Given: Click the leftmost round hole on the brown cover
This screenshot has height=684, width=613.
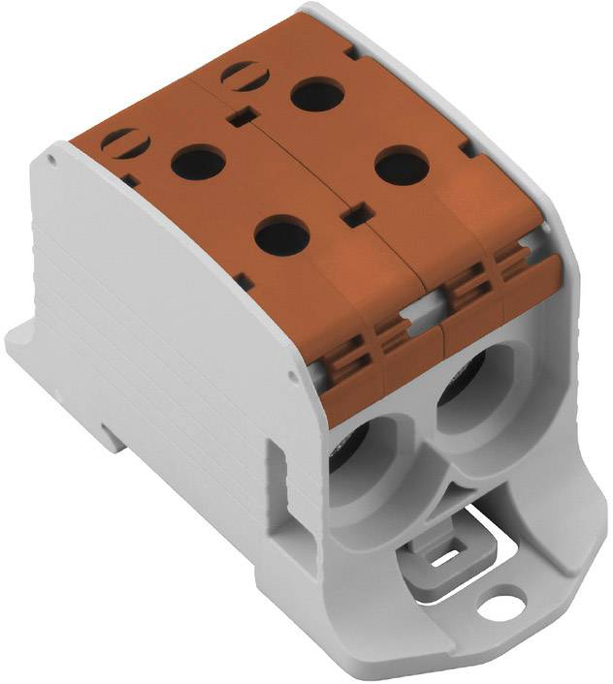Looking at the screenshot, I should (x=198, y=162).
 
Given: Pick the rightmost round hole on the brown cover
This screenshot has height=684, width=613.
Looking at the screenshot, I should (x=402, y=166).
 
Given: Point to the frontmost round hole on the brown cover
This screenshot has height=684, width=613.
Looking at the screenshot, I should (x=283, y=234).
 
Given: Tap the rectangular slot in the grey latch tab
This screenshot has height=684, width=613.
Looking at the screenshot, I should (x=449, y=558).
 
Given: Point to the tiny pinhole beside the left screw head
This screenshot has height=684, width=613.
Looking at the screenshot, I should (x=129, y=179).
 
